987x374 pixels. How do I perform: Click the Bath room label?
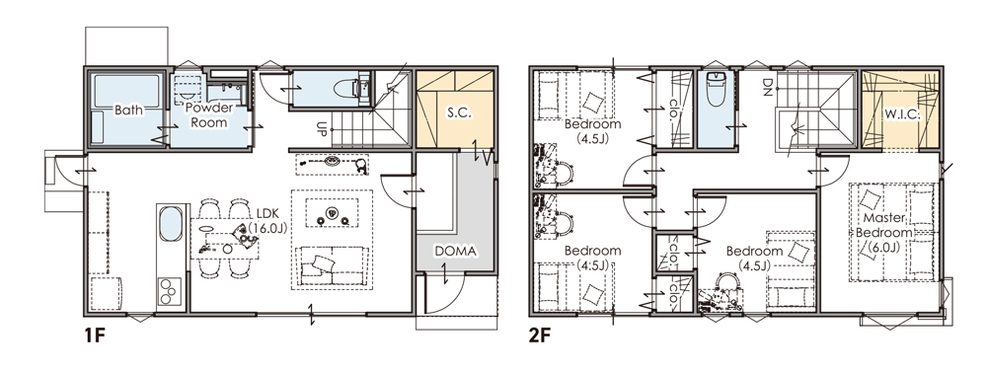(x=128, y=110)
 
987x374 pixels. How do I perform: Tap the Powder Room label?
(x=209, y=114)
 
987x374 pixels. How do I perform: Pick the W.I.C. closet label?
(x=903, y=115)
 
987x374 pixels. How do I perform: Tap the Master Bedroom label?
(x=883, y=232)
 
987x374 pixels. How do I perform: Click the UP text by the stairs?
(x=321, y=130)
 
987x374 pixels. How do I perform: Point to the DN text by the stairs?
(x=767, y=85)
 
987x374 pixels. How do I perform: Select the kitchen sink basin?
(x=171, y=224)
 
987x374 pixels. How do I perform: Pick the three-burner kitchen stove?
(x=170, y=291)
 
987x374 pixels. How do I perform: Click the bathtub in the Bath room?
(x=126, y=92)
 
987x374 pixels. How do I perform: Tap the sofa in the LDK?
(x=333, y=265)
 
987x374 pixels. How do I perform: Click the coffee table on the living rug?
(x=332, y=212)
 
